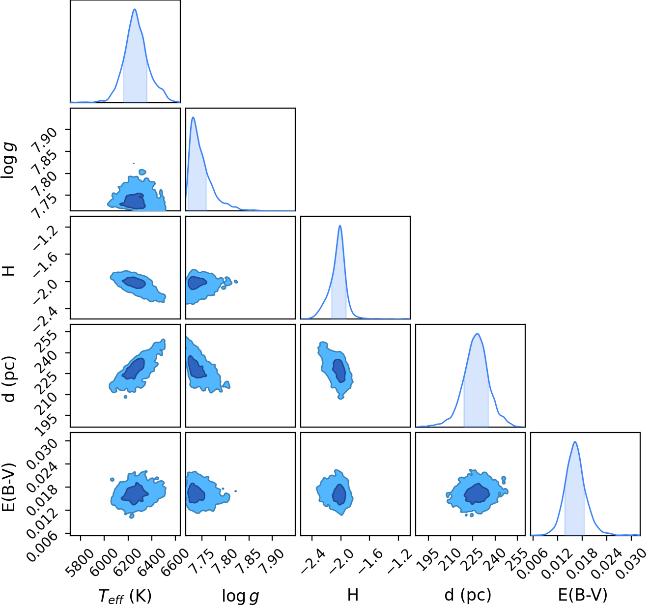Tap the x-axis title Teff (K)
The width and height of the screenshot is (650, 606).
125,595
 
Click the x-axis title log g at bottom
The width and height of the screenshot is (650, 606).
241,596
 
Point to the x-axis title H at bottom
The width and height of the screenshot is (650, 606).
353,594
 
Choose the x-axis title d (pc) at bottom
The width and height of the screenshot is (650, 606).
468,595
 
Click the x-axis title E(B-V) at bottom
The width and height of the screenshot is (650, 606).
583,595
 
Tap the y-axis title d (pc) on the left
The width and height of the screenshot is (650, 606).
9,378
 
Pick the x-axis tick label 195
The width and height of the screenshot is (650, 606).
428,559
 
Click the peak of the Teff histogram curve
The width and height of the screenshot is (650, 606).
135,9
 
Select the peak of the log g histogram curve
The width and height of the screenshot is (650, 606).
193,117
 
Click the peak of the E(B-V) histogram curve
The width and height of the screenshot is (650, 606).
575,442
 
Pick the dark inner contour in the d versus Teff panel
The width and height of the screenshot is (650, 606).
133,369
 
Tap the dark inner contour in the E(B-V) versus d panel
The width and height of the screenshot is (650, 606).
477,493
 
